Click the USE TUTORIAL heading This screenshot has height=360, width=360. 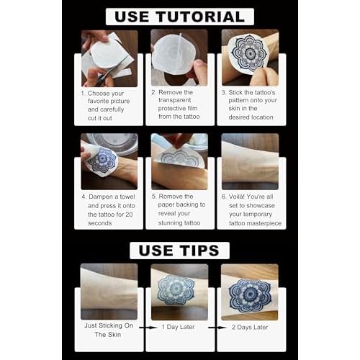(x=179, y=17)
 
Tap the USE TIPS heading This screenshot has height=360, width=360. (x=179, y=251)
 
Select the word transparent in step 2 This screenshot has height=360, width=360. (x=174, y=100)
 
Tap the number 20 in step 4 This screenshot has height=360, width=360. (x=129, y=215)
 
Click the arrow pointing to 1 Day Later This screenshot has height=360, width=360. (x=148, y=328)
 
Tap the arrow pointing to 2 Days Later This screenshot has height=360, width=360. (x=217, y=328)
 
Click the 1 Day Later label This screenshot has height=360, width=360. (x=178, y=327)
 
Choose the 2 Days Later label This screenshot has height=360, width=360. (x=250, y=327)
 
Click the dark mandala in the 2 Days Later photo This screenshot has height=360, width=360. (x=250, y=294)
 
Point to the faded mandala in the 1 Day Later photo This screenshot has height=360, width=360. (x=175, y=290)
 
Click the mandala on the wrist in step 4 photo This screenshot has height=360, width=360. (x=102, y=160)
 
